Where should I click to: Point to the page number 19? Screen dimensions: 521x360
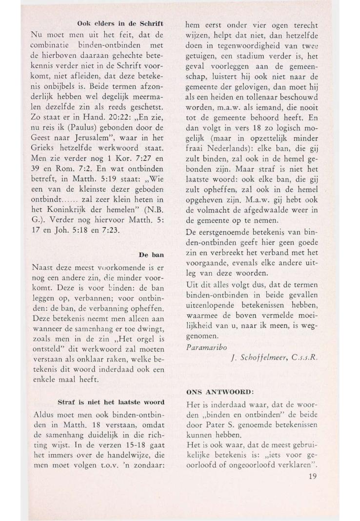pyautogui.click(x=312, y=476)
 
